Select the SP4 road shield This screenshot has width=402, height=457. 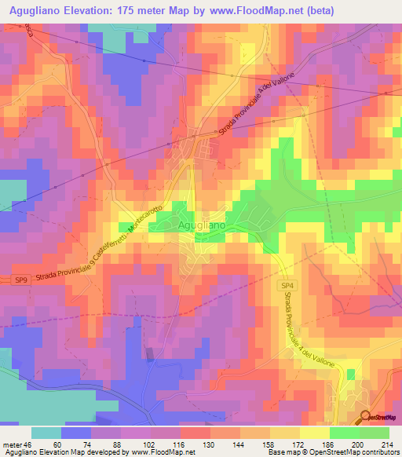coord(287,288)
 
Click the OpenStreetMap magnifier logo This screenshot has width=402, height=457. coord(366,418)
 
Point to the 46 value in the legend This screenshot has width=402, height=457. coord(29,444)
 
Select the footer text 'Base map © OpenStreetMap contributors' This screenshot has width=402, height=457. coord(331,452)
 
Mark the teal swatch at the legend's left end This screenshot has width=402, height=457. coord(46,433)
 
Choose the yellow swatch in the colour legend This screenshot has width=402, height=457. coord(312,433)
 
